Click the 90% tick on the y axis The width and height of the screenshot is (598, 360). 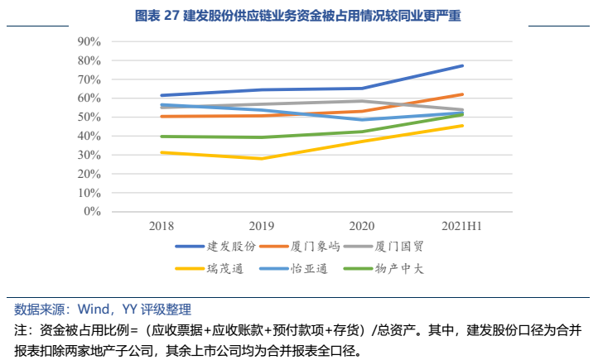pyautogui.click(x=89, y=41)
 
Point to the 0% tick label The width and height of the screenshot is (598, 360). pyautogui.click(x=92, y=211)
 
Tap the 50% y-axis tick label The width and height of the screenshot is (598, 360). pyautogui.click(x=89, y=117)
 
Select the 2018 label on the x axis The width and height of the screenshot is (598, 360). pyautogui.click(x=162, y=226)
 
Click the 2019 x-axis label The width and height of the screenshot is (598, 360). pyautogui.click(x=263, y=226)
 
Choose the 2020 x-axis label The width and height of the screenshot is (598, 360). pyautogui.click(x=363, y=226)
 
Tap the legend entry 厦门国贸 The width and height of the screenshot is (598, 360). pyautogui.click(x=400, y=247)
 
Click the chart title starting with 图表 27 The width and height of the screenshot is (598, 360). pyautogui.click(x=298, y=15)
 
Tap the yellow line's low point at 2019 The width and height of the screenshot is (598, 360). pyautogui.click(x=263, y=158)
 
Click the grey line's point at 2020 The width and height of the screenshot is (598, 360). pyautogui.click(x=363, y=101)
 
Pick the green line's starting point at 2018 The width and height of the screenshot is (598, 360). pyautogui.click(x=162, y=137)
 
